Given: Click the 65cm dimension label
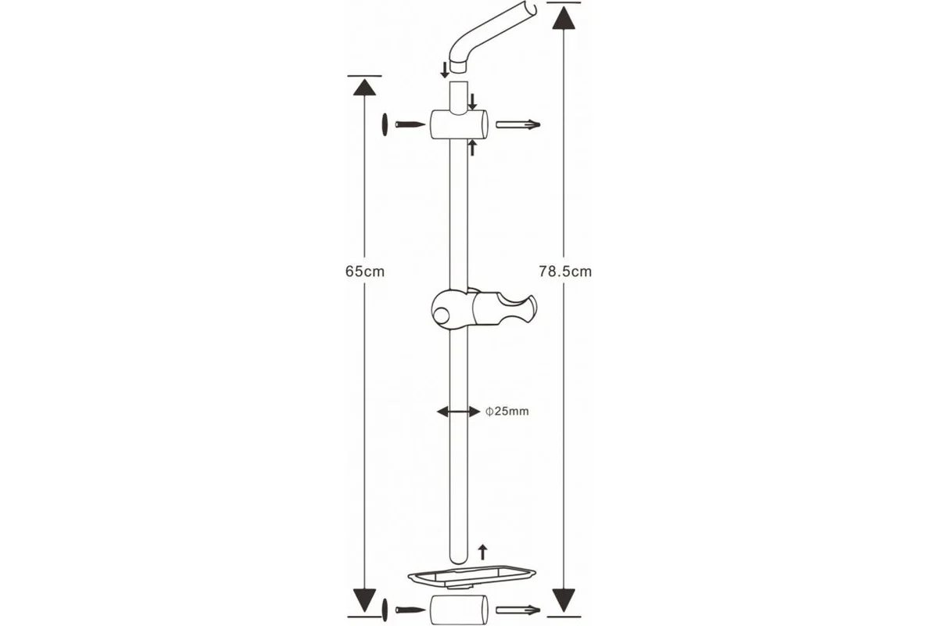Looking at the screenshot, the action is (365, 272).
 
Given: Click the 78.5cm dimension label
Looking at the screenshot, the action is (565, 272).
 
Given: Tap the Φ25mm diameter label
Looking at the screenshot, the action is (507, 412).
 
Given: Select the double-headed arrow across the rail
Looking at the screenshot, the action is (459, 412).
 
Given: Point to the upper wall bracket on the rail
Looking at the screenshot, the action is (460, 124).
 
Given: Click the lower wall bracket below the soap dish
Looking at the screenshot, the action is (460, 610).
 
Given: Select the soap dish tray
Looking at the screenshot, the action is (472, 577).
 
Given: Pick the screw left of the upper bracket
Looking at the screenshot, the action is (410, 124).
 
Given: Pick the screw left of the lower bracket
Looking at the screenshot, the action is (410, 610).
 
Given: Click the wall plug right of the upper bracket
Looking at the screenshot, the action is (518, 124).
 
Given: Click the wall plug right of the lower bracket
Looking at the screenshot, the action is (518, 610).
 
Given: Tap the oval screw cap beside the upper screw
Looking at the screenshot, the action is (385, 124).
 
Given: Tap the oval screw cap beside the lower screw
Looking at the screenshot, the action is (385, 610).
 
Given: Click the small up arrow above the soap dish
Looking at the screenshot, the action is (483, 552).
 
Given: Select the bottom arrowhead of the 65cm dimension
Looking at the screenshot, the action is (364, 600).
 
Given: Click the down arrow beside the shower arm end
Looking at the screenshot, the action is (445, 70).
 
